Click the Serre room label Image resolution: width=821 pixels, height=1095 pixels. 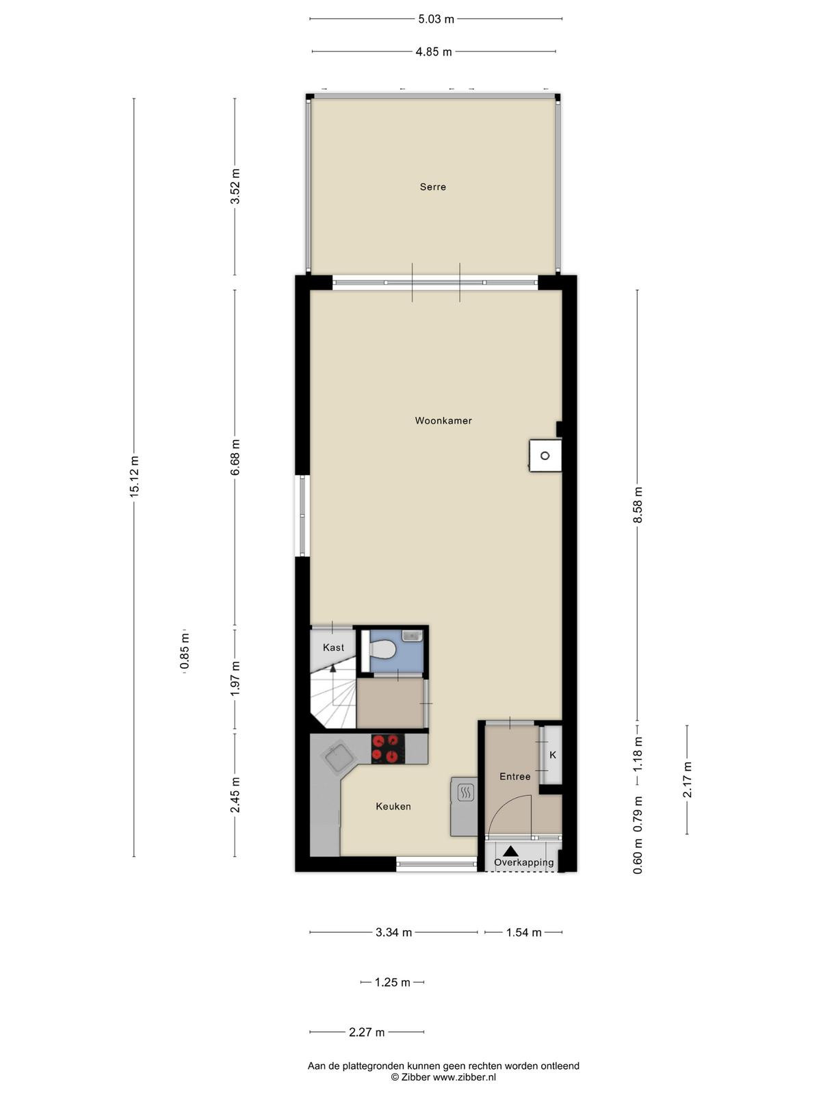[x=432, y=187]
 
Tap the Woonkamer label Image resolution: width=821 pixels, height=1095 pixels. [x=443, y=420]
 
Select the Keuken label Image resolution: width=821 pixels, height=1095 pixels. [x=393, y=806]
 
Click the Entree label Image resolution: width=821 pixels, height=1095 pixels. [x=515, y=776]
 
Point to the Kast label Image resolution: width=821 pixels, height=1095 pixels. [x=333, y=647]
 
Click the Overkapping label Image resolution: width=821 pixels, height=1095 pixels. [x=524, y=862]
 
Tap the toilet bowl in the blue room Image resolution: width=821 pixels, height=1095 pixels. [x=383, y=649]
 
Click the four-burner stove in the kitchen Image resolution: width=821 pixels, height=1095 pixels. [x=388, y=749]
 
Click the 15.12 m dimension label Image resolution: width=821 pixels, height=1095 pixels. [x=134, y=476]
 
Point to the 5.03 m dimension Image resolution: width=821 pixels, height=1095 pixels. [x=436, y=19]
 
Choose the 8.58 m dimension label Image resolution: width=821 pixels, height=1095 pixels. [x=638, y=505]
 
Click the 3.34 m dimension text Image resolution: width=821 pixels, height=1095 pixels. [x=394, y=932]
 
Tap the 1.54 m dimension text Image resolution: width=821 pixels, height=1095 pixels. [x=523, y=932]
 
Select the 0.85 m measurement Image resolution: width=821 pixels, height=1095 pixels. [x=185, y=652]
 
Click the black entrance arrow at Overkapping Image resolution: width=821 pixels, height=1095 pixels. [x=510, y=851]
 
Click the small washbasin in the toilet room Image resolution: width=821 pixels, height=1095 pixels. [x=413, y=636]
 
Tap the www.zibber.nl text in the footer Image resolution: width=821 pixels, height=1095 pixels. [x=464, y=1077]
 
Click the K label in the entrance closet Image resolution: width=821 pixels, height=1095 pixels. [x=552, y=755]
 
